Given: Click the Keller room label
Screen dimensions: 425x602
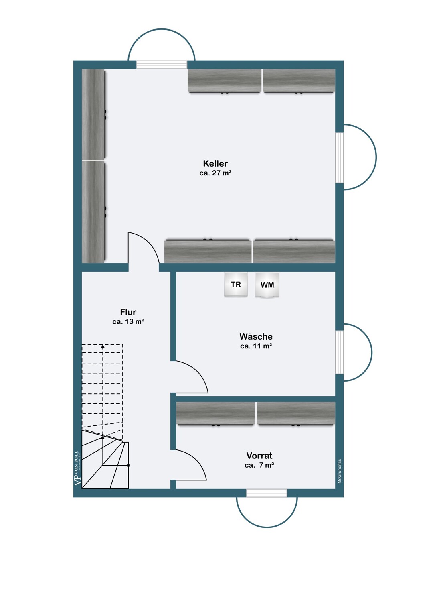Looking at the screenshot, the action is click(215, 163).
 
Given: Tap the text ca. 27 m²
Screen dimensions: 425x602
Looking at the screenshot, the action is click(215, 173).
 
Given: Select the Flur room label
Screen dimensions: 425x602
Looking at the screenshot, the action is click(128, 312).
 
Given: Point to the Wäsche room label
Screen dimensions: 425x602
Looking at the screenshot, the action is click(256, 336).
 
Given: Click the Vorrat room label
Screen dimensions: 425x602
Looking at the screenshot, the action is click(259, 455).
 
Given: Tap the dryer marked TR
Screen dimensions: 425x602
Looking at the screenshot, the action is click(236, 284).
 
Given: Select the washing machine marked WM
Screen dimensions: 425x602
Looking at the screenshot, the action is click(267, 285).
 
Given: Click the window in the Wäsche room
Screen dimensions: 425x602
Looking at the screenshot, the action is click(340, 352).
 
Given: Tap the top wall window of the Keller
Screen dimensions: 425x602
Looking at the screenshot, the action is click(162, 65).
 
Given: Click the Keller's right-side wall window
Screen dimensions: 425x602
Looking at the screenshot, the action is click(340, 158).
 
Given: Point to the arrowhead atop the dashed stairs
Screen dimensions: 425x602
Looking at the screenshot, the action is click(103, 346).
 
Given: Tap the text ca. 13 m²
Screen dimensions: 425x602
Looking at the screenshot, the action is click(128, 322).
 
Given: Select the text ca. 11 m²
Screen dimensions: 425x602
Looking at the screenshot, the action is click(256, 346).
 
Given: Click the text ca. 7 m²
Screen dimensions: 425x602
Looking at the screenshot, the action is click(259, 465).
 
